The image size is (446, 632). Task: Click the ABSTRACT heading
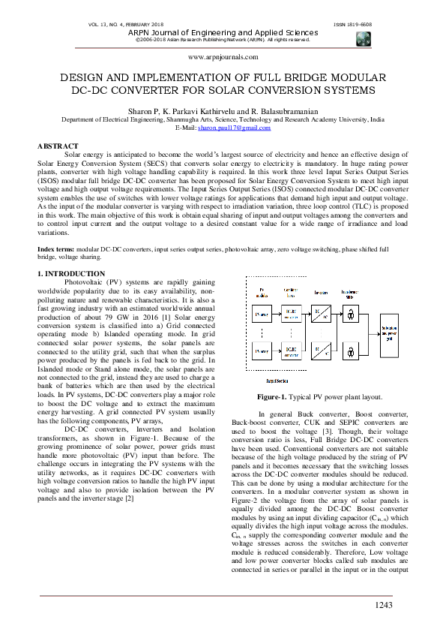tap(58, 146)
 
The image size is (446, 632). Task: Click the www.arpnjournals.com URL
tap(223, 56)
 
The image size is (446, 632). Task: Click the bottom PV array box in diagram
tap(262, 350)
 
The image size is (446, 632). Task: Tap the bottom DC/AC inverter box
tap(321, 350)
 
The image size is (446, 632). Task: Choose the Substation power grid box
tap(391, 332)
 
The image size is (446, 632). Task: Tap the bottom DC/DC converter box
tap(290, 350)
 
